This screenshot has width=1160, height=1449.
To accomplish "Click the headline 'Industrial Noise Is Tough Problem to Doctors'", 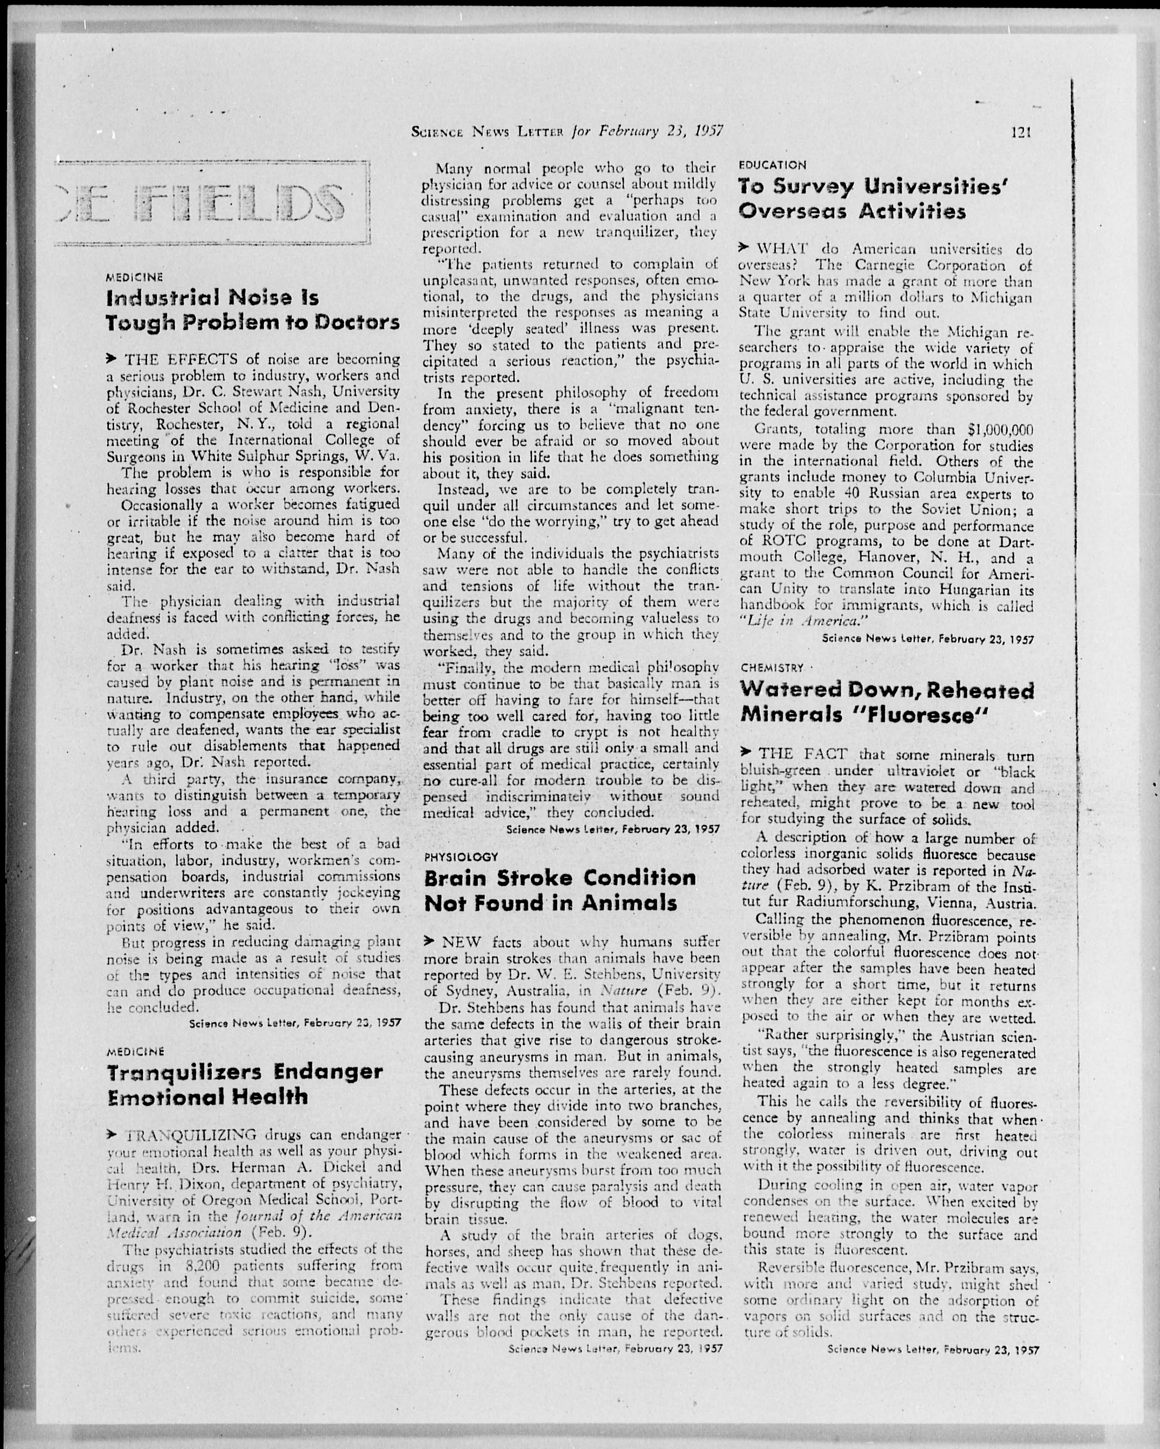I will coord(253,310).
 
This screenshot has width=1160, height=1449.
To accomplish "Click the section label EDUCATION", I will coord(772,165).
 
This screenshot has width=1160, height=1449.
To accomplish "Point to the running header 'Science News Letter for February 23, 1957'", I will coord(567,131).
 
